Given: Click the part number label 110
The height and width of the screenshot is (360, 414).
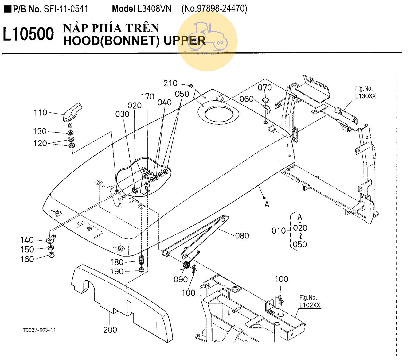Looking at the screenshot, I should click(40, 113).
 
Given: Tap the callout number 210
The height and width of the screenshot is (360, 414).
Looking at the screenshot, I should click(170, 83).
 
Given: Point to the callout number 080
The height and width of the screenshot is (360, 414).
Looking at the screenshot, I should click(242, 236).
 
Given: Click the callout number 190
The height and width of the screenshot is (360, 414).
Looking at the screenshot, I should click(117, 272).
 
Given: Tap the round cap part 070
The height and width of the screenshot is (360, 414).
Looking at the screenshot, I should click(265, 100).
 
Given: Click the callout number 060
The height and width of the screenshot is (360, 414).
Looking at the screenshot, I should click(247, 99).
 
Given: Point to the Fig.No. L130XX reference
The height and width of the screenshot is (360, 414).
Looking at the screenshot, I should click(365, 92).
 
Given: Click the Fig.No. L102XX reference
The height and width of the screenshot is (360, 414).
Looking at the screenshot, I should click(310, 301).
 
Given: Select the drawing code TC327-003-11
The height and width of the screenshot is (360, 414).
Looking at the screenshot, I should click(39, 330).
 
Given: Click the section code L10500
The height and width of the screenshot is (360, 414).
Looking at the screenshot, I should click(28, 34).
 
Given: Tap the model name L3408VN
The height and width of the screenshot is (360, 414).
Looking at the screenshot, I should click(154, 9).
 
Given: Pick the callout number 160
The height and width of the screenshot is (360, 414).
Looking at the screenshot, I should click(27, 259).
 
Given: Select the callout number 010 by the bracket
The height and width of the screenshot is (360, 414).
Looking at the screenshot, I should click(278, 230).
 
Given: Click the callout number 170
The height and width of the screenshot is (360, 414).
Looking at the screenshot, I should click(147, 97).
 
